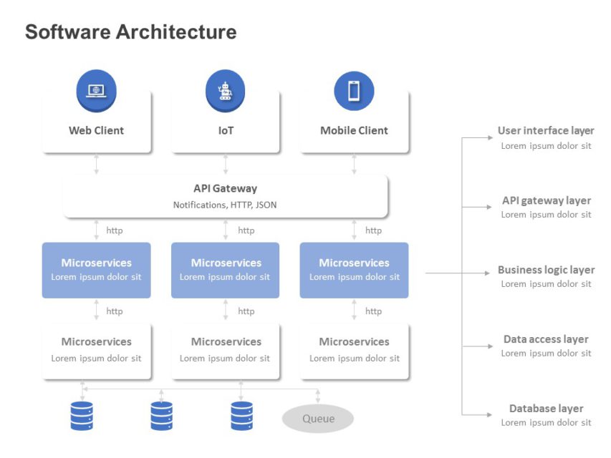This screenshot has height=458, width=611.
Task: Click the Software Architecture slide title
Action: click(130, 32)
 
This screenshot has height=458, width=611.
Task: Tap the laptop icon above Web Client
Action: click(96, 91)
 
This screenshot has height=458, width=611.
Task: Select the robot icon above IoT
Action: click(225, 91)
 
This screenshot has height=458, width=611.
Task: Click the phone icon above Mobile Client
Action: click(354, 91)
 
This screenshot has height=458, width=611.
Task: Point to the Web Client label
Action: click(96, 130)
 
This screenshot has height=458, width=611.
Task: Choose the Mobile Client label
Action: click(354, 130)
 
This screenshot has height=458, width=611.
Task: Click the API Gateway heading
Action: click(225, 188)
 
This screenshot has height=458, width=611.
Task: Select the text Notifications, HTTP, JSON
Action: click(225, 205)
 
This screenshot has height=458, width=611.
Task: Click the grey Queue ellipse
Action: click(318, 419)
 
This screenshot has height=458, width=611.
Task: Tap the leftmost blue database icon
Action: click(82, 416)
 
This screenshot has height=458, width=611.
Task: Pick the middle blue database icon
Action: click(161, 416)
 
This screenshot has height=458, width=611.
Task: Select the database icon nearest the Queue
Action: click(241, 416)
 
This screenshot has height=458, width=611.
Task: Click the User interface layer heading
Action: click(546, 131)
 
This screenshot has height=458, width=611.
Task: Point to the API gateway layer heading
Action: click(546, 200)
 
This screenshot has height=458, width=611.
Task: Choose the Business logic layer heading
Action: click(546, 270)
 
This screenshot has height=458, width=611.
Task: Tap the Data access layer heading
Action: click(546, 339)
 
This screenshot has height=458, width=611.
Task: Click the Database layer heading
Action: click(546, 409)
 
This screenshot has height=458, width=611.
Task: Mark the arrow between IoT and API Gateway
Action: click(225, 164)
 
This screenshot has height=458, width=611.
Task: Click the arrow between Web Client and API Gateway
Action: click(96, 164)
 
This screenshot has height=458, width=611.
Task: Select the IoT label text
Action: click(226, 130)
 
